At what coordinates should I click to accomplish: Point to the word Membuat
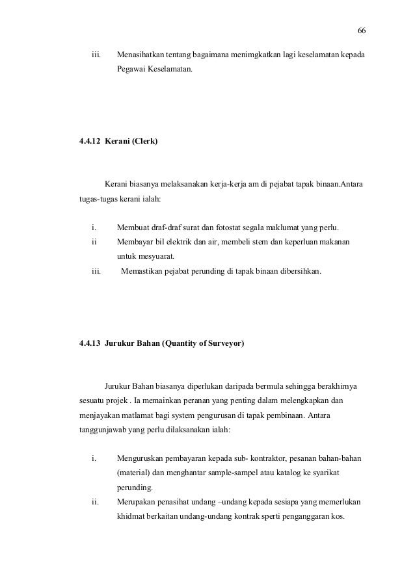tap(132, 228)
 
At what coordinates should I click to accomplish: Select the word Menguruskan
tap(140, 459)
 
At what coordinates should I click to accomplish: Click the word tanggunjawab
tap(102, 430)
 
